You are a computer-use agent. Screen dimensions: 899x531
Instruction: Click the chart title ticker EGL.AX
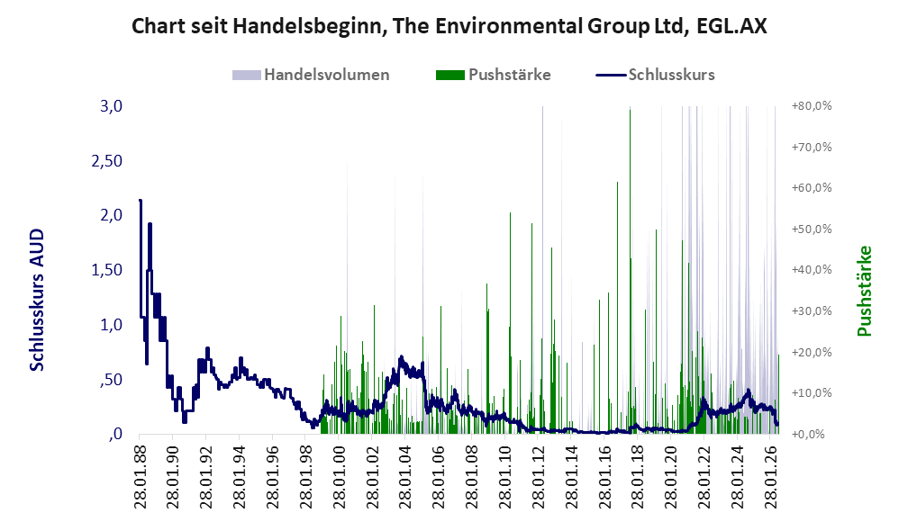tap(731, 26)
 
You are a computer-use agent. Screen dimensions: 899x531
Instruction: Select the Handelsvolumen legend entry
tap(311, 75)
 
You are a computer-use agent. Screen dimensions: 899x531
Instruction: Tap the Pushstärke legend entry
tap(493, 75)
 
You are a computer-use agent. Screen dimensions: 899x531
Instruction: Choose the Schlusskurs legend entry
tap(655, 75)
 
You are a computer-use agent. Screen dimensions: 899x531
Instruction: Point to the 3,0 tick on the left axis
tap(111, 106)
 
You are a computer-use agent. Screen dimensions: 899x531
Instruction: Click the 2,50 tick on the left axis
tap(107, 161)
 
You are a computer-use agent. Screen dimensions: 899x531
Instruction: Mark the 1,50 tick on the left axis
tap(107, 270)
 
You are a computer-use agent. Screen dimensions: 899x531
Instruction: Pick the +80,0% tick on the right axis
tap(812, 106)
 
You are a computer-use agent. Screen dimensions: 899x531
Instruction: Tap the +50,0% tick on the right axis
tap(812, 229)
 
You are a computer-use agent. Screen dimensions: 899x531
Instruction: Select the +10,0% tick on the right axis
tap(812, 393)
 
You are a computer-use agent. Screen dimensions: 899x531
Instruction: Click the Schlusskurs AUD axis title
tap(37, 300)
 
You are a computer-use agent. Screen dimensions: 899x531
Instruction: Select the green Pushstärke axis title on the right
tap(864, 291)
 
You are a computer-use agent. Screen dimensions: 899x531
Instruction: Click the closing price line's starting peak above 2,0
tap(141, 201)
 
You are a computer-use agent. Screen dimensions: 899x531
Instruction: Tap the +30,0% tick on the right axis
tap(812, 311)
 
